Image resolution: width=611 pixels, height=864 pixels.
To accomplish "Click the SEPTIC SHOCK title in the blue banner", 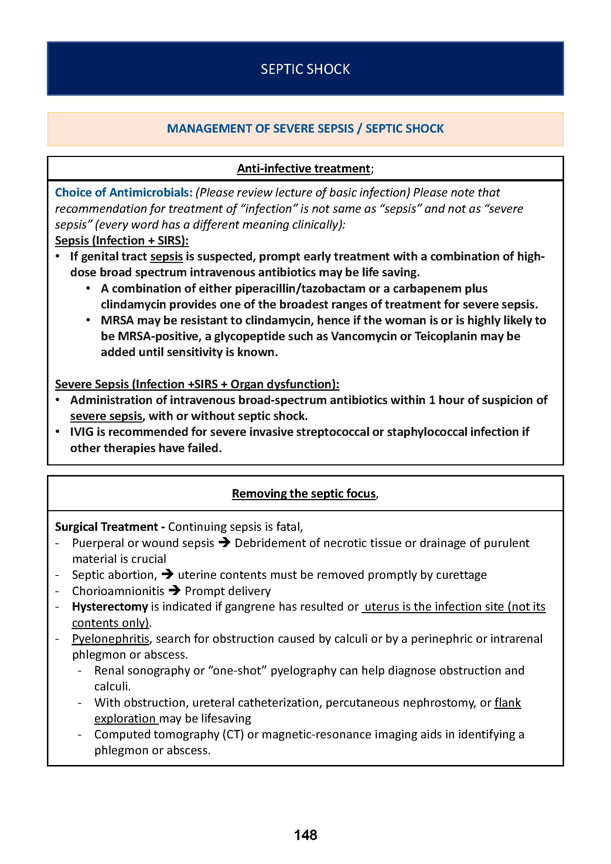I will click(305, 69).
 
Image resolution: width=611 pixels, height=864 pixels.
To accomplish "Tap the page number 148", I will click(305, 835).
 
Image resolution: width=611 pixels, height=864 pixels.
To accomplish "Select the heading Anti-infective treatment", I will click(303, 168).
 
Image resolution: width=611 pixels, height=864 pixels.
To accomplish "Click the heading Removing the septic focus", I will click(304, 494).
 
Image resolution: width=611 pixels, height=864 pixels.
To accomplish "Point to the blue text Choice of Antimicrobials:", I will click(124, 192).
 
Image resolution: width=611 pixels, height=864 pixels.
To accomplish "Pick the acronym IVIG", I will click(82, 432).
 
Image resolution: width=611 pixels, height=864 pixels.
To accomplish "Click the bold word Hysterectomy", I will click(110, 607).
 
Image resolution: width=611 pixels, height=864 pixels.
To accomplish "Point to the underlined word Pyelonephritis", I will click(110, 639).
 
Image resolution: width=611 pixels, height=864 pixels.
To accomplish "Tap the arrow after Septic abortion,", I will click(167, 575).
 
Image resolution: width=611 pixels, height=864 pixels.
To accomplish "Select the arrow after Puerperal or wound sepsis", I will click(224, 543).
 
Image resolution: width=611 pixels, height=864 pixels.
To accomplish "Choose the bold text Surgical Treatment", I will click(106, 527).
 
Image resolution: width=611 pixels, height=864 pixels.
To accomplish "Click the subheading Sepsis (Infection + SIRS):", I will click(122, 240).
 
